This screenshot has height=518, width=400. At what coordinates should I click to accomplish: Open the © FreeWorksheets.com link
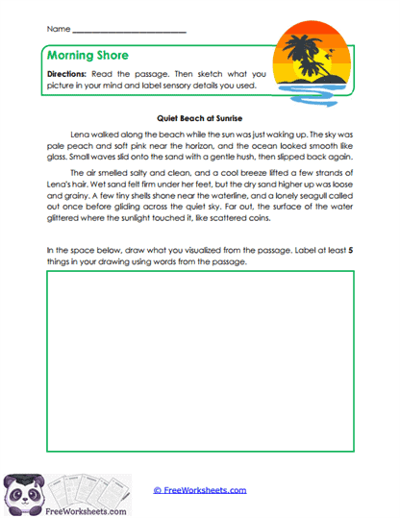click(x=200, y=490)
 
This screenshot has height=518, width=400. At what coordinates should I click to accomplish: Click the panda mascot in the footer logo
click(x=23, y=490)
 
